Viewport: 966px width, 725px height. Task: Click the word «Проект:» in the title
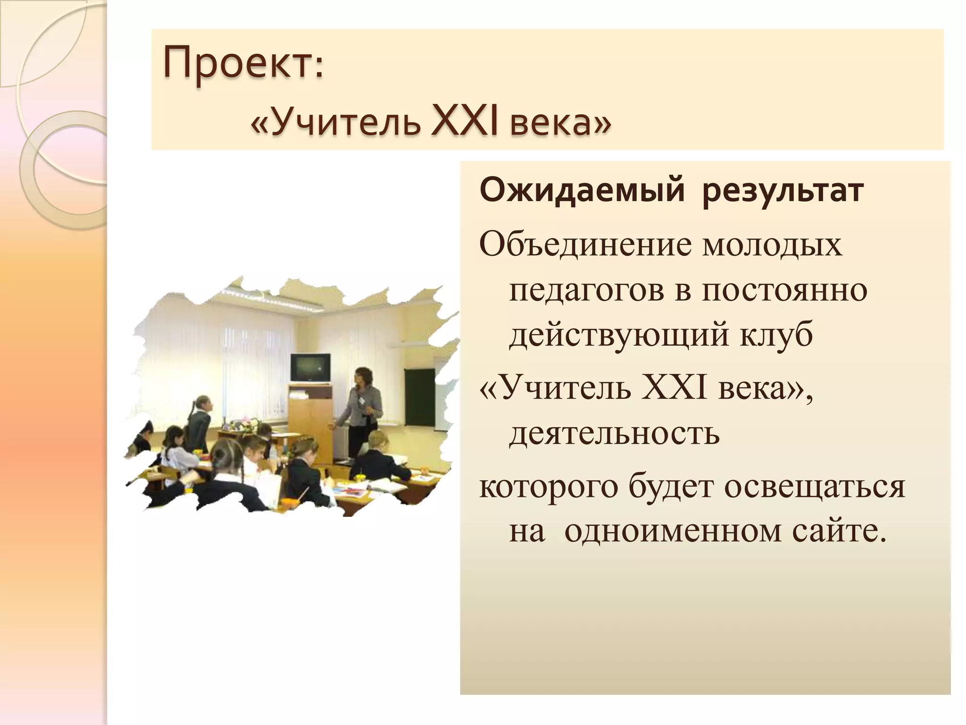pyautogui.click(x=243, y=63)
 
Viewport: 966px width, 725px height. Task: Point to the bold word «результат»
pyautogui.click(x=783, y=191)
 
